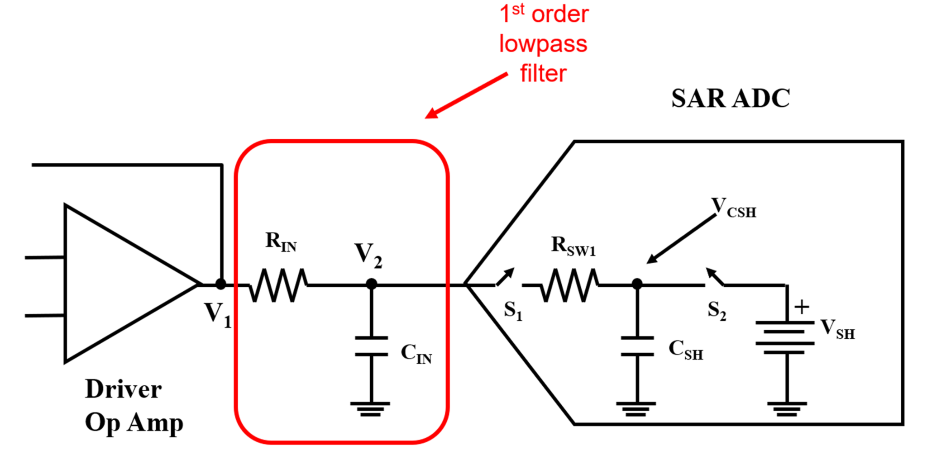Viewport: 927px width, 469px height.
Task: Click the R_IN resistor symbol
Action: pos(278,285)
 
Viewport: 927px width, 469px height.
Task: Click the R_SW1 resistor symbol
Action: pos(569,285)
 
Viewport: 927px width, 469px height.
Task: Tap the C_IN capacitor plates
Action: pos(371,346)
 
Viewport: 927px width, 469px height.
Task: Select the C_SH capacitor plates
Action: pos(637,346)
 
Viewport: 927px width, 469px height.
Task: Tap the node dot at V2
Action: pos(371,284)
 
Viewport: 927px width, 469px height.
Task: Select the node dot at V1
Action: pos(220,284)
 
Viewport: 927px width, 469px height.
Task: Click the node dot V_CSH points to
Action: pos(637,284)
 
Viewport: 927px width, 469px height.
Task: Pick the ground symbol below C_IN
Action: pos(370,409)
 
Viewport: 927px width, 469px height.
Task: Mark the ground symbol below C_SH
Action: pos(636,409)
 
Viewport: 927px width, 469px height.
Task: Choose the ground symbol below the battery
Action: pos(787,409)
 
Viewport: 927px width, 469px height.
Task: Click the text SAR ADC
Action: pos(730,99)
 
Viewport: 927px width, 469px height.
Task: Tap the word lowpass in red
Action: pos(543,44)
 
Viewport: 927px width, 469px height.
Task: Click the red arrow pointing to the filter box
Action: pos(466,95)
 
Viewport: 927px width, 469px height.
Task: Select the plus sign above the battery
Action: pos(802,307)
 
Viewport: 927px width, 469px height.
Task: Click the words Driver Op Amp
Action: pos(134,406)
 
